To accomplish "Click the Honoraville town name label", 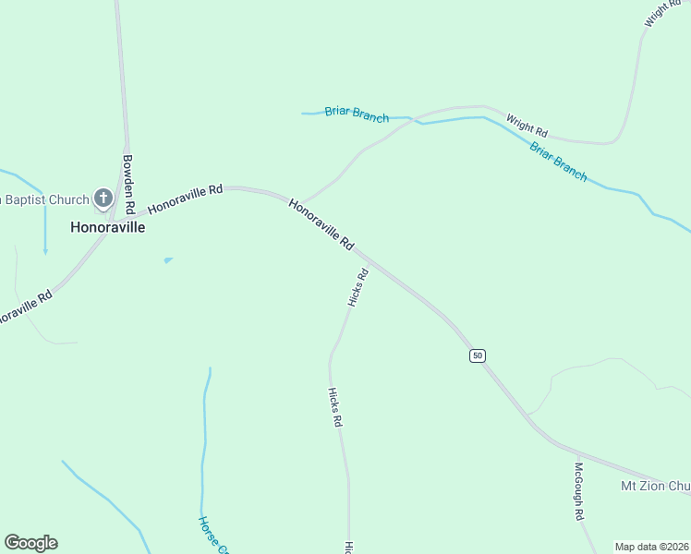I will click(x=108, y=226).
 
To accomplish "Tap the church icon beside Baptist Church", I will click(x=103, y=198).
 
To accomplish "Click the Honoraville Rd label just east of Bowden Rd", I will click(x=186, y=198).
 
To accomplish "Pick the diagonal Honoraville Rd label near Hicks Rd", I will click(x=321, y=224).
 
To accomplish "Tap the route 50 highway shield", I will click(x=477, y=355).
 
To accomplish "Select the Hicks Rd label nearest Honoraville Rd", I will click(x=358, y=287).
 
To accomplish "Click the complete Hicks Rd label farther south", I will click(x=335, y=406).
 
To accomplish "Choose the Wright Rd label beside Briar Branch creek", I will click(x=527, y=124).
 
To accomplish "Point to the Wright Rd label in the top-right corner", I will click(x=662, y=13).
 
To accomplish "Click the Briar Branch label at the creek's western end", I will click(x=357, y=114).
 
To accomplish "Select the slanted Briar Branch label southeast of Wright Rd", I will click(x=558, y=161).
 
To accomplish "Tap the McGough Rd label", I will click(x=580, y=490).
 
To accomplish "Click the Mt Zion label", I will click(x=654, y=486).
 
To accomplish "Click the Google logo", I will click(x=30, y=543).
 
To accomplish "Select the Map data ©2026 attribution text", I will click(x=651, y=547).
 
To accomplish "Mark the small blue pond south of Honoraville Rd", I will click(x=167, y=260).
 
